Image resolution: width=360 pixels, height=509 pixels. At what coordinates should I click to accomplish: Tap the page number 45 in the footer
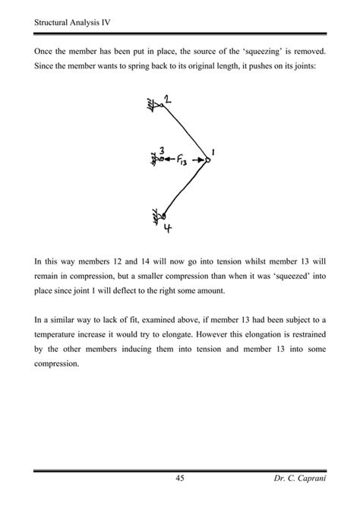(x=180, y=478)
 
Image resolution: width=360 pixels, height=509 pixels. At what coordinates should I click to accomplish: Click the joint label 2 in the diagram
(x=167, y=100)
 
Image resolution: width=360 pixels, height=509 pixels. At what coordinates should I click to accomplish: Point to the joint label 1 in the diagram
(x=213, y=153)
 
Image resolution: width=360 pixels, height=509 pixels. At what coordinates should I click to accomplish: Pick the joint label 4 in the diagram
(x=167, y=226)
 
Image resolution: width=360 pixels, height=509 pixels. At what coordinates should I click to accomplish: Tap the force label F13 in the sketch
(x=183, y=160)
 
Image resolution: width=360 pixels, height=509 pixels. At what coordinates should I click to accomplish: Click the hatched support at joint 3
(x=153, y=160)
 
